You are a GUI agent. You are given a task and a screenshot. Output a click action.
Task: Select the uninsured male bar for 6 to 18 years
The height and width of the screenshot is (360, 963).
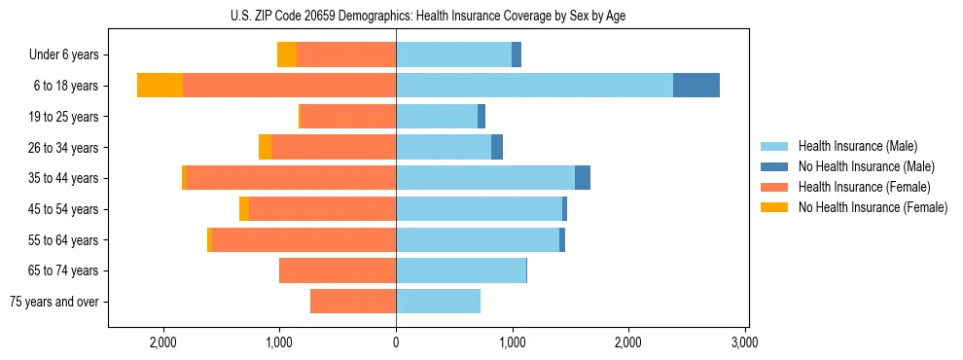(x=695, y=86)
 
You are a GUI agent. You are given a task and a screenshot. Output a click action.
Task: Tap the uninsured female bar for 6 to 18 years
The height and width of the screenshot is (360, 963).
(x=160, y=86)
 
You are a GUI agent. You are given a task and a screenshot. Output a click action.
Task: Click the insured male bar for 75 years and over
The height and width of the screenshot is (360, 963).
(x=438, y=302)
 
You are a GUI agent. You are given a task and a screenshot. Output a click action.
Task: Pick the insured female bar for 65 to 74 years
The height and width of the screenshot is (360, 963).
(x=338, y=270)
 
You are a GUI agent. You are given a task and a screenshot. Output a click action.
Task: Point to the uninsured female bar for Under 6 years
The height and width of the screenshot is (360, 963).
(x=287, y=54)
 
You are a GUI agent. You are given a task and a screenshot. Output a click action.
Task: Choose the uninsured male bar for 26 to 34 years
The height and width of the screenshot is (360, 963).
(x=497, y=147)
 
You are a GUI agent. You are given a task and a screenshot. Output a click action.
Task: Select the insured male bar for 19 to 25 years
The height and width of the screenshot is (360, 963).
(x=437, y=117)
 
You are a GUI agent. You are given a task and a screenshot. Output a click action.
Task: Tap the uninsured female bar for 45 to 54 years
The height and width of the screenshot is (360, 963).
(x=244, y=209)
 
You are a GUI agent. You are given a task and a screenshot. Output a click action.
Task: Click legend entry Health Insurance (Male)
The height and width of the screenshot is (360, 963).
(x=857, y=146)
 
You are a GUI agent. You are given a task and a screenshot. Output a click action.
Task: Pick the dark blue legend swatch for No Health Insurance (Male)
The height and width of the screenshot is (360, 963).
(x=775, y=166)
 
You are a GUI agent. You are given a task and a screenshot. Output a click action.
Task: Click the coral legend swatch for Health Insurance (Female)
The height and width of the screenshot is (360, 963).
(x=775, y=187)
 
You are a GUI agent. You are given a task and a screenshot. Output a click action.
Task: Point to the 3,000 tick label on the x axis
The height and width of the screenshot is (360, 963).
(x=744, y=342)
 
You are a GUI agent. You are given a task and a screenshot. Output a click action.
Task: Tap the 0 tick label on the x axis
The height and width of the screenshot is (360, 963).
(x=396, y=342)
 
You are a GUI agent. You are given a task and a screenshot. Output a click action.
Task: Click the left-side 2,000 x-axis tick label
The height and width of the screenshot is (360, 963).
(x=162, y=342)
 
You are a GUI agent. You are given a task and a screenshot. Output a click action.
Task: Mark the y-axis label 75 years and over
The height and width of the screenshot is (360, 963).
(x=54, y=302)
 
